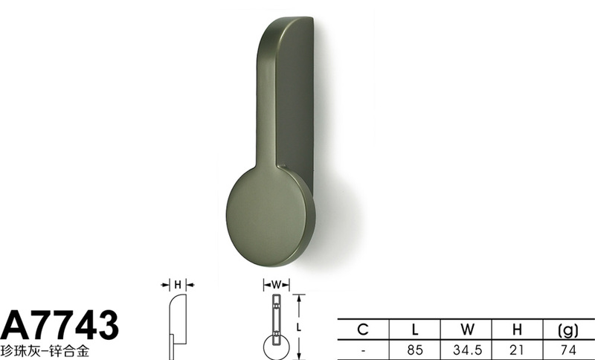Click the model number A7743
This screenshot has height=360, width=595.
[59, 325]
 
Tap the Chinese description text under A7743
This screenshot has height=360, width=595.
[45, 351]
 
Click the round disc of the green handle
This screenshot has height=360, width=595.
[271, 216]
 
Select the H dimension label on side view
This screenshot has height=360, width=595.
[178, 285]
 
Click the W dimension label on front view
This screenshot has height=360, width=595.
[277, 285]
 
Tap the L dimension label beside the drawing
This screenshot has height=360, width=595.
[299, 327]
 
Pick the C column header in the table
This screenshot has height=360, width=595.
[363, 330]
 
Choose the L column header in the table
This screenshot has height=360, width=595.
[415, 330]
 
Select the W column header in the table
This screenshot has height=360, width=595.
[467, 330]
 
